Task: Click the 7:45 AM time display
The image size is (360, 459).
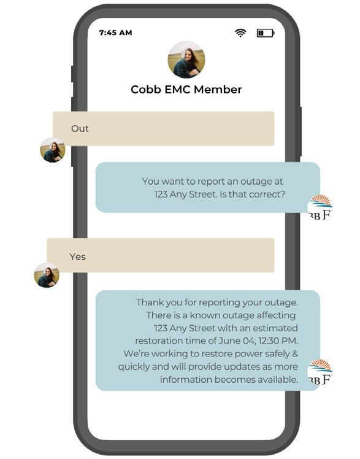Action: tap(115, 33)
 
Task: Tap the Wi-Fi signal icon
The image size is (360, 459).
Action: tap(240, 33)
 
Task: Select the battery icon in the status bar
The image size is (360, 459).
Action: tap(266, 33)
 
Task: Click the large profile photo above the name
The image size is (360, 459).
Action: tap(186, 60)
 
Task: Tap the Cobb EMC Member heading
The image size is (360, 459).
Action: tap(186, 90)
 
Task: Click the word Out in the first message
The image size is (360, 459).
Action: tap(80, 128)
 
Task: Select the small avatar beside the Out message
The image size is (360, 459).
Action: tap(53, 150)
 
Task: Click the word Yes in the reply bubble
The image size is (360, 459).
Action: tap(77, 256)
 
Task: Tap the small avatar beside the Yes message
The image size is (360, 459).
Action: tap(47, 275)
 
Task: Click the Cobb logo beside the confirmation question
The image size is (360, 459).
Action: tap(320, 207)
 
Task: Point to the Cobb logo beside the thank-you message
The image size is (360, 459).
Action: tap(320, 372)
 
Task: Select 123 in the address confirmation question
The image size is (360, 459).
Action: tap(161, 195)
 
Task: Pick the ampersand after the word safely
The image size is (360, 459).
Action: tap(295, 353)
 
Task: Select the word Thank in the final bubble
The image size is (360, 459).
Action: tap(149, 303)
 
